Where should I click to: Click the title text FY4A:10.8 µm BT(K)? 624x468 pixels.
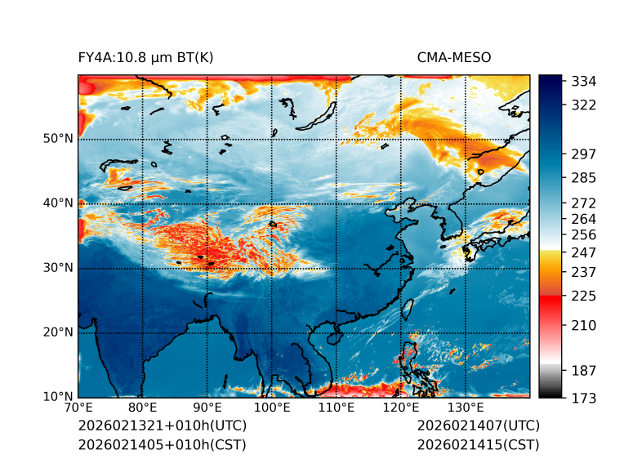(145, 57)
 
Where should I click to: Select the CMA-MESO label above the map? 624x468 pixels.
(453, 57)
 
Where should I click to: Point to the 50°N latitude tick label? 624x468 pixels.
(58, 139)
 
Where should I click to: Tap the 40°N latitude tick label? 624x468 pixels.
(58, 203)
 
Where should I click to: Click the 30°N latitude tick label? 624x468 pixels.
(58, 268)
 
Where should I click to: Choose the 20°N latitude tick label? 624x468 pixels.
(58, 332)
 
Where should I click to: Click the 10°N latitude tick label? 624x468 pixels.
(58, 397)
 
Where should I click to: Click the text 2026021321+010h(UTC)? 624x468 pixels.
(162, 426)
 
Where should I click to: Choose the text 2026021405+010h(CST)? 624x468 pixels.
(162, 445)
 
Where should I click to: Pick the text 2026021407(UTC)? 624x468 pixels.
(478, 426)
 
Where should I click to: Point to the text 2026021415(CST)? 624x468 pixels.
(478, 445)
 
